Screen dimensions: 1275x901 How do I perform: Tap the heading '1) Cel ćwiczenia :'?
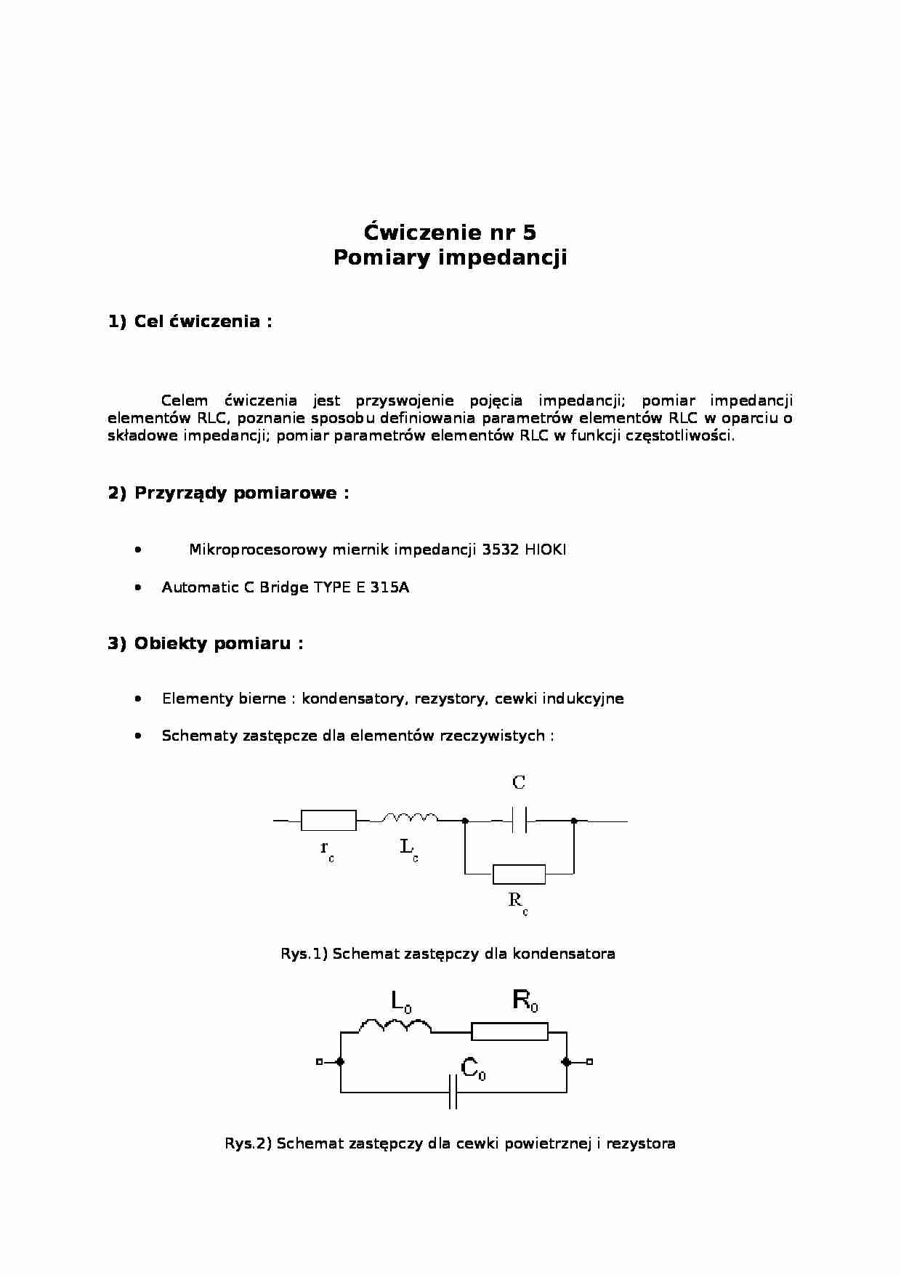[x=190, y=321]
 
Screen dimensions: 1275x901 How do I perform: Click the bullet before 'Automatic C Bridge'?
[x=138, y=587]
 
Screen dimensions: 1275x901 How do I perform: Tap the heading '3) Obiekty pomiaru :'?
[x=206, y=643]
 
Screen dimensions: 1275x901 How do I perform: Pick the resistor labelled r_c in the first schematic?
[x=328, y=821]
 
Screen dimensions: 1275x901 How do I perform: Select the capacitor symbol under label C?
[x=519, y=821]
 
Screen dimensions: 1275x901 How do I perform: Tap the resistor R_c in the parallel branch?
[x=519, y=874]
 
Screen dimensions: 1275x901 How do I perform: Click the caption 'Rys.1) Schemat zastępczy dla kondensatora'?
[x=448, y=954]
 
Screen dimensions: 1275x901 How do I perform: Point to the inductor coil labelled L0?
[x=395, y=1026]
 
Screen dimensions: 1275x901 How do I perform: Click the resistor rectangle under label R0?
[x=509, y=1031]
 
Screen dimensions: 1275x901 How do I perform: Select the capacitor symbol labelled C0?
[x=453, y=1093]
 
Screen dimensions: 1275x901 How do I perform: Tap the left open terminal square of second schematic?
[x=319, y=1062]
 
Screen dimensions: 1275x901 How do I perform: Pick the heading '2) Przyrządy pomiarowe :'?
[x=228, y=493]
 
